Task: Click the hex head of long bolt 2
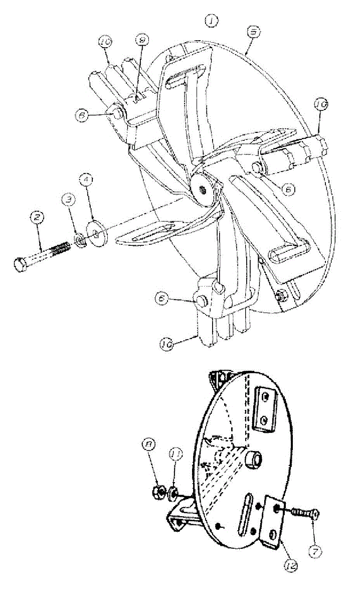point(19,264)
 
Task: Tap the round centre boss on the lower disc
point(254,459)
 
